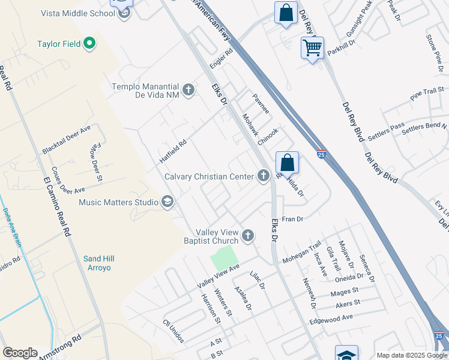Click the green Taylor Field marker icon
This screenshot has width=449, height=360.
(89, 43)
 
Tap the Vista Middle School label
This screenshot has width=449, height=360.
(79, 13)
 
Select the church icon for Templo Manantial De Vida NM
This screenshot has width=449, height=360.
(188, 90)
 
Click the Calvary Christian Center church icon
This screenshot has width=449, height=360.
(263, 176)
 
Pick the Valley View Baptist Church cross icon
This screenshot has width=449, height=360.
(247, 235)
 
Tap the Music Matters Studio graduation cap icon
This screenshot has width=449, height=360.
(167, 202)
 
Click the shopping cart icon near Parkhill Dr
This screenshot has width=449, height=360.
(312, 47)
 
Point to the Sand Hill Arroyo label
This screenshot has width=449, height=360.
(98, 263)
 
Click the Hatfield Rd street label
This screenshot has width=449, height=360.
(173, 152)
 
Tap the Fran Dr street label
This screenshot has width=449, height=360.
(292, 220)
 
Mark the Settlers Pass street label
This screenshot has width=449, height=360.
(387, 131)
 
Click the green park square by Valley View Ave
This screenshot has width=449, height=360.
(223, 258)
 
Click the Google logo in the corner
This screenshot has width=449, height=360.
(20, 353)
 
